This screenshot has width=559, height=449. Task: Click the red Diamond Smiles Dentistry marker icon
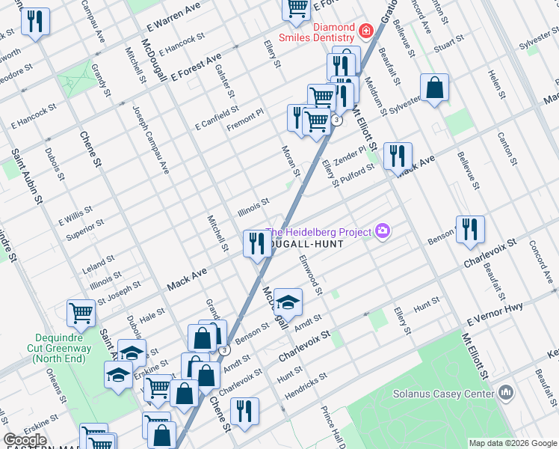[365, 30]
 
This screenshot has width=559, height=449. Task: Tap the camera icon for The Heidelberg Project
[383, 231]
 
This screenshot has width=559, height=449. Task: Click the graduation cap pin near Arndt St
[287, 302]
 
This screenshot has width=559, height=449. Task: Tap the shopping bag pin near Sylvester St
[434, 88]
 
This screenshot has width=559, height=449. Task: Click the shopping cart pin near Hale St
[81, 313]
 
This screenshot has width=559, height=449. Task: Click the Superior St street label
[84, 229]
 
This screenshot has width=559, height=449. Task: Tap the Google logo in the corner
[25, 440]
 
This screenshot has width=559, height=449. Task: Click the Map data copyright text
[511, 443]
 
